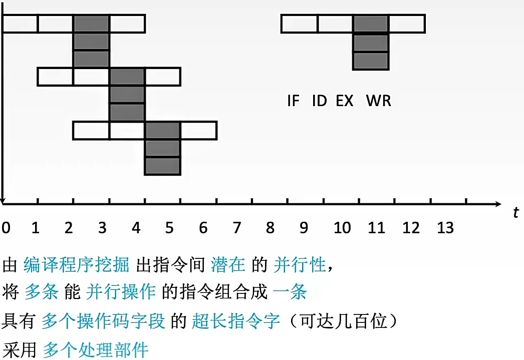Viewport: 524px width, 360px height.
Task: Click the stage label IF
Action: [293, 101]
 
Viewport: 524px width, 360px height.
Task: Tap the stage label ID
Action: [319, 101]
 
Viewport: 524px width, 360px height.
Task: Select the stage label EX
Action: [345, 101]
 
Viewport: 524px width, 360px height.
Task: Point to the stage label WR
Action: [379, 101]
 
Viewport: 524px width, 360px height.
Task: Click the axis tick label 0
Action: [5, 228]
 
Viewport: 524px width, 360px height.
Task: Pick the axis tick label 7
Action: [236, 228]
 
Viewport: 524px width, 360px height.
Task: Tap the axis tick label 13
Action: [445, 228]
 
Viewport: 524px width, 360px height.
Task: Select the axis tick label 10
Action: [342, 228]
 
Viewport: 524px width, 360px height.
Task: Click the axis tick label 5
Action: [169, 228]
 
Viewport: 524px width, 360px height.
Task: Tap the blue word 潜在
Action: [228, 265]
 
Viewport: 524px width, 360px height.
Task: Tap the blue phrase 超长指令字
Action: [235, 321]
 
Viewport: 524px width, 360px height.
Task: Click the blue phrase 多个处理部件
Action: [96, 349]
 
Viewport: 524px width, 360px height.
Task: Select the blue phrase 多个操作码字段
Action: [103, 321]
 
